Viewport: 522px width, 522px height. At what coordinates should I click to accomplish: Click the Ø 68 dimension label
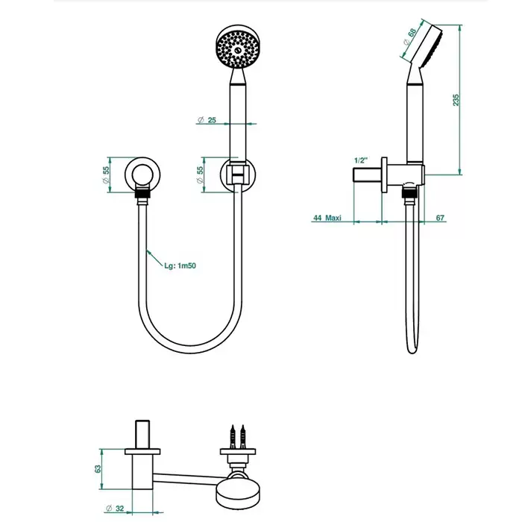(x=410, y=37)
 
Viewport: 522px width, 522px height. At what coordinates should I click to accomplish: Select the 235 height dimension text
(x=456, y=100)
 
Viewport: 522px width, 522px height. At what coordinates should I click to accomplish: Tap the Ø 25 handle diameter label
(x=207, y=120)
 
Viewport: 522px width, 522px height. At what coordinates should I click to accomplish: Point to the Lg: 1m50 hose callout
(x=180, y=265)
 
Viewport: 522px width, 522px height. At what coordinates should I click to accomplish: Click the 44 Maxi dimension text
(x=327, y=218)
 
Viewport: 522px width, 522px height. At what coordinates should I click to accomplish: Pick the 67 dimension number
(x=440, y=218)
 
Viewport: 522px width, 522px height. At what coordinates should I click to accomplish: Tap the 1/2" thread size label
(x=361, y=160)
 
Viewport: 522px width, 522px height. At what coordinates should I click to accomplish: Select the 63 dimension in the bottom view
(x=98, y=469)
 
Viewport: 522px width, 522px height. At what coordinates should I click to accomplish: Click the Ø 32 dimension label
(x=115, y=509)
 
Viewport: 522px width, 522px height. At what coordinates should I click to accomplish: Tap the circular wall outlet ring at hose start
(x=142, y=174)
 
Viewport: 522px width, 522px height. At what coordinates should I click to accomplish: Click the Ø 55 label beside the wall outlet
(x=106, y=174)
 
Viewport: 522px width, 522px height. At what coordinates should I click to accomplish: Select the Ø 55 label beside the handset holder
(x=200, y=174)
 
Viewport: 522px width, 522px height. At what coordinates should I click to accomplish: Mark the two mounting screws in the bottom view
(x=238, y=436)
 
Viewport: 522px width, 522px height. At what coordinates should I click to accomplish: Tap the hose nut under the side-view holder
(x=410, y=193)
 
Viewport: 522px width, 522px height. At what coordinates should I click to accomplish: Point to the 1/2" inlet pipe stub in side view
(x=367, y=175)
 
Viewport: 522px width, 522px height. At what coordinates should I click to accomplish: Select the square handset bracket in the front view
(x=238, y=173)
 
